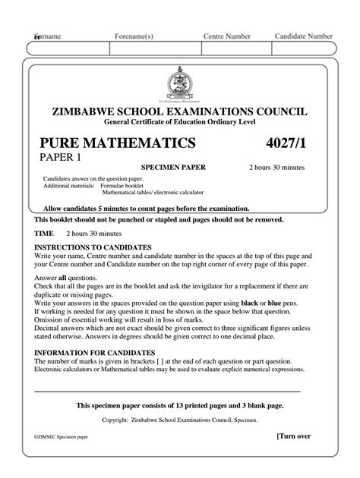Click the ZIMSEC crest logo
tap(180, 86)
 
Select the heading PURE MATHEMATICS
tap(118, 143)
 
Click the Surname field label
tap(47, 36)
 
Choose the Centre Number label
tap(227, 36)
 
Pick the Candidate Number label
tap(304, 36)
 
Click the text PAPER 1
tap(60, 158)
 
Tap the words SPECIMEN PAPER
tap(173, 168)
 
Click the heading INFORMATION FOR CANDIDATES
tap(94, 354)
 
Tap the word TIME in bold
tap(44, 234)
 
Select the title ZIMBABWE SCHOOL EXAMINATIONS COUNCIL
tap(180, 112)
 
